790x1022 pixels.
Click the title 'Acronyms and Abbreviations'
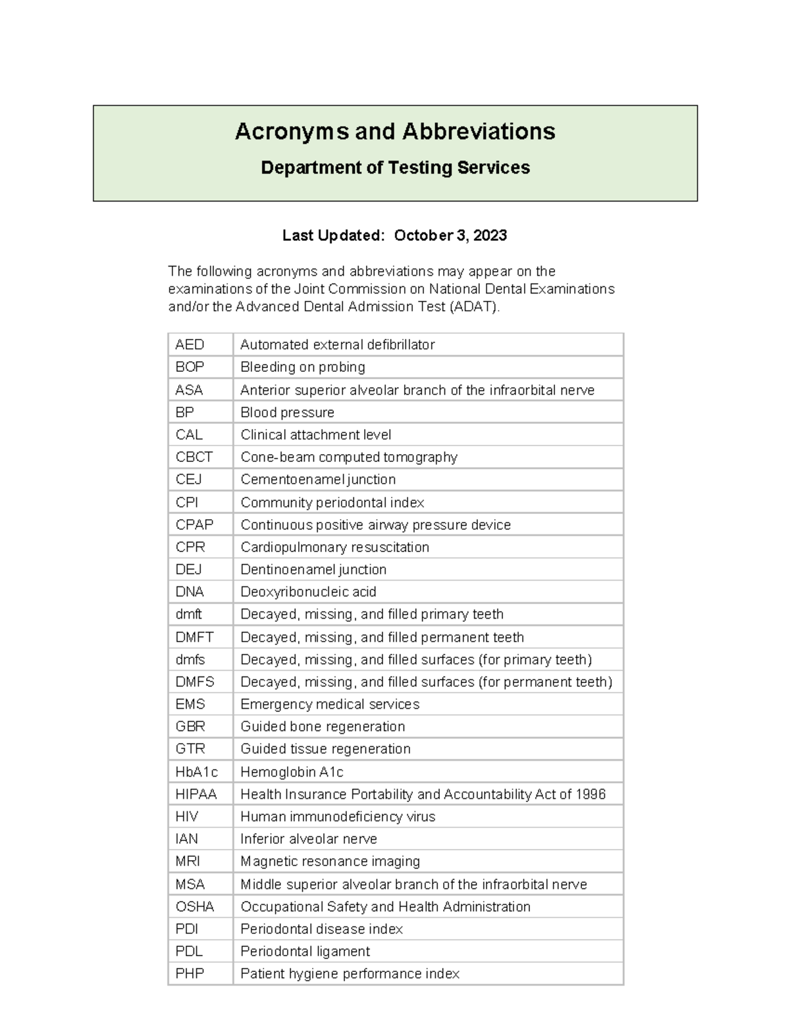point(395,132)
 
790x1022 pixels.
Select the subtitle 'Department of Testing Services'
point(395,168)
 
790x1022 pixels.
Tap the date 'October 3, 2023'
point(450,236)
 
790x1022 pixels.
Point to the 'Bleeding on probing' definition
point(302,367)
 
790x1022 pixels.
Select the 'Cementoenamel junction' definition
point(318,480)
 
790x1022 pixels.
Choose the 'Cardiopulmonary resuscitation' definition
point(334,548)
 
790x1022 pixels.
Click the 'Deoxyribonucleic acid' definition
point(308,592)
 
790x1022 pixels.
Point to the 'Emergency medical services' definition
point(330,705)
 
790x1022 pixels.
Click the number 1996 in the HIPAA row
point(591,794)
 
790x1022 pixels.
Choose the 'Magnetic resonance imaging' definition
point(330,861)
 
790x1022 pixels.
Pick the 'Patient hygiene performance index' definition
point(350,974)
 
